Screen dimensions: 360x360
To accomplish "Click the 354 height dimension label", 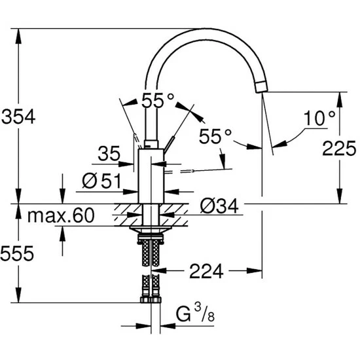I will pyautogui.click(x=18, y=117).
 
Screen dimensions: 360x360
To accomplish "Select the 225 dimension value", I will pyautogui.click(x=340, y=147).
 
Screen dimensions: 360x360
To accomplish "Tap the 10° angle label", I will pyautogui.click(x=319, y=118).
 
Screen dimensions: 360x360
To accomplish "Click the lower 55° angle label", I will pyautogui.click(x=216, y=137).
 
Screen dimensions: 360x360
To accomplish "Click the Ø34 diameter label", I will pyautogui.click(x=217, y=207).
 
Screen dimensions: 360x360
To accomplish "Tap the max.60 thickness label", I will pyautogui.click(x=61, y=214).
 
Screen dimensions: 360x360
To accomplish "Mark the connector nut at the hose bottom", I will pyautogui.click(x=151, y=300).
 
